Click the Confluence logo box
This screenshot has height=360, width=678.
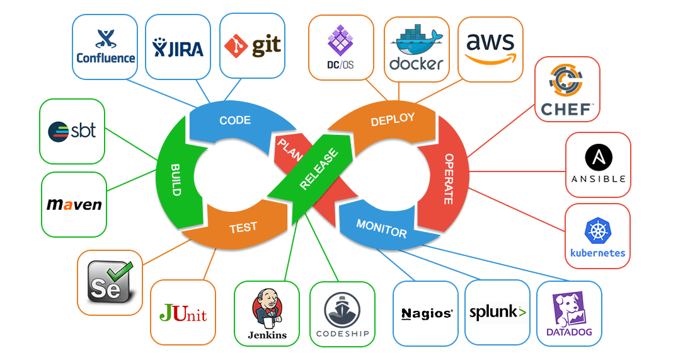[x=105, y=47]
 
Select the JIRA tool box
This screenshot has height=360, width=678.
[x=178, y=47]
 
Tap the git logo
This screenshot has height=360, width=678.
[x=252, y=46]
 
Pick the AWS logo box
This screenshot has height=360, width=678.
[x=490, y=49]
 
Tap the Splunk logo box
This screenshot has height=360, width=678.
[x=497, y=313]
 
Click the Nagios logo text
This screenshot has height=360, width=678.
[x=426, y=313]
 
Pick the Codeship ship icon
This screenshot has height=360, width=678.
[x=342, y=310]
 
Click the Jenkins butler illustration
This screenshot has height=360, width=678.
[x=266, y=309]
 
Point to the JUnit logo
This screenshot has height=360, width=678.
[x=183, y=313]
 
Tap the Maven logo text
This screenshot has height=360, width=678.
[x=74, y=205]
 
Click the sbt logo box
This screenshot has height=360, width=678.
[x=72, y=131]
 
